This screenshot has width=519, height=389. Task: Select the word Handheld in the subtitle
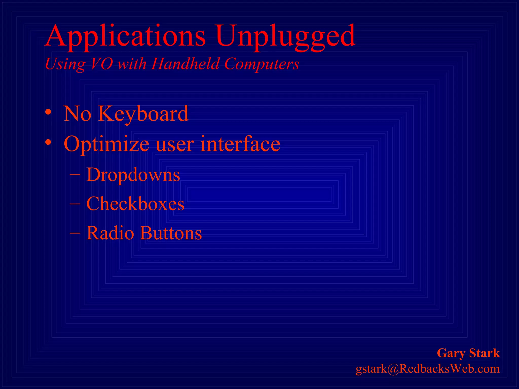coord(185,64)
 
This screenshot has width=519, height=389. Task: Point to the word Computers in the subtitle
coord(262,64)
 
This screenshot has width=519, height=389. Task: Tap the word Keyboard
coord(143,114)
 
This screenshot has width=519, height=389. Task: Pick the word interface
coord(240,144)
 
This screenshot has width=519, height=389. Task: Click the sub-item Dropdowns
coord(133,175)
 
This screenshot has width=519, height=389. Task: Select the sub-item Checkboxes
coord(135,204)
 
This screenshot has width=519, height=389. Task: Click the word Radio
coord(110,233)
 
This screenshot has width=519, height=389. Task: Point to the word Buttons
coord(171,233)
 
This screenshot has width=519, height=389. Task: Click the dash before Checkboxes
coord(75,204)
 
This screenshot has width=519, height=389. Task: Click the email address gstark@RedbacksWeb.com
coord(428,369)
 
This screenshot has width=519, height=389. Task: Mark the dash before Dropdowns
coord(75,175)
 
